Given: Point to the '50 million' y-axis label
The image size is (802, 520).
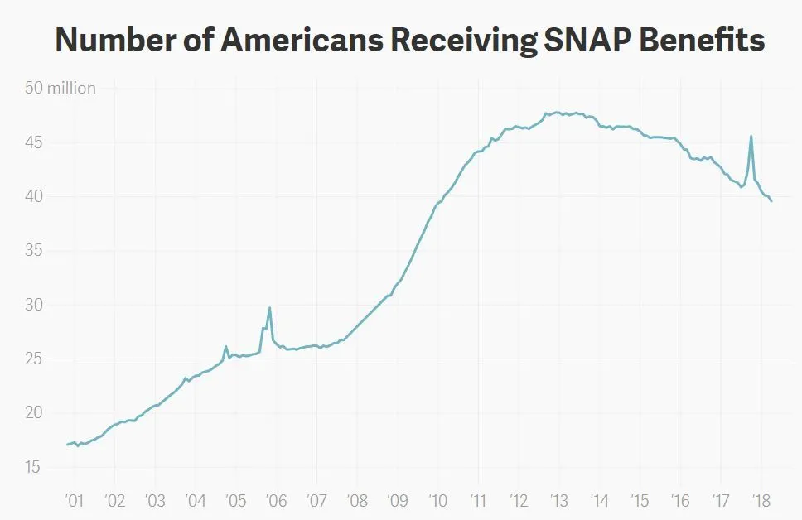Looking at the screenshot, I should pyautogui.click(x=71, y=88).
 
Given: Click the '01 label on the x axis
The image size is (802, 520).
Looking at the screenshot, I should pyautogui.click(x=73, y=501).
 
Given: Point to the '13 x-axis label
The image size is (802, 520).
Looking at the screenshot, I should pyautogui.click(x=558, y=501).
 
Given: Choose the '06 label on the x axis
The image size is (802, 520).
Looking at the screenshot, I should pyautogui.click(x=276, y=501).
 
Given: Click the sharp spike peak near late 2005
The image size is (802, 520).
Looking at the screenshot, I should pyautogui.click(x=269, y=308).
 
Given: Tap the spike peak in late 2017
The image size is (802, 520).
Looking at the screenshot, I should pyautogui.click(x=751, y=137).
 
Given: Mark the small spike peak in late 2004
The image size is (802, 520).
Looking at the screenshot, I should pyautogui.click(x=225, y=346).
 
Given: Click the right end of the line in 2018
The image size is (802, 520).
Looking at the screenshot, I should pyautogui.click(x=771, y=201).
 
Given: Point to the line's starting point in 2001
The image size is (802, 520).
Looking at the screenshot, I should pyautogui.click(x=67, y=445).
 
